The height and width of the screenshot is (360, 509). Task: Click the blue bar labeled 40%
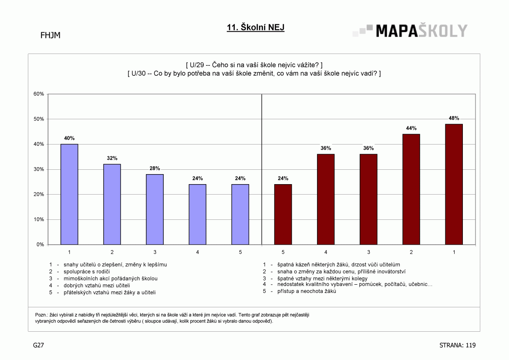(69, 194)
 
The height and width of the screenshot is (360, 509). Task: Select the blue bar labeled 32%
(112, 204)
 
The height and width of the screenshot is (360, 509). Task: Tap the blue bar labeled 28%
(155, 209)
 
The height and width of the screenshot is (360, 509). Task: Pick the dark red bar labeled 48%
(454, 184)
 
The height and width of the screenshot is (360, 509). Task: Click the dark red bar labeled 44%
(411, 189)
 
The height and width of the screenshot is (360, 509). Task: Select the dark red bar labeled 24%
(283, 214)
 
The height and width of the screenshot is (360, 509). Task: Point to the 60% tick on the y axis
(39, 94)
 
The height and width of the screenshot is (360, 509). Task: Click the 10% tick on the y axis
(39, 219)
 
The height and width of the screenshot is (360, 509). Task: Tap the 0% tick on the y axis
(40, 245)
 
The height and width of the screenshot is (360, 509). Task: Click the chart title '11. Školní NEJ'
(256, 27)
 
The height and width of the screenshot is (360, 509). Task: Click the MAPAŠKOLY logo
(410, 30)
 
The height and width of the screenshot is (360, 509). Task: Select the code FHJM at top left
(51, 35)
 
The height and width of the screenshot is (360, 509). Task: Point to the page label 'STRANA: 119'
(457, 345)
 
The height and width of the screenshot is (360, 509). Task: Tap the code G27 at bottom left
(38, 345)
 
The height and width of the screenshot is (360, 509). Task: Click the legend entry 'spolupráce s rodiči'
(87, 271)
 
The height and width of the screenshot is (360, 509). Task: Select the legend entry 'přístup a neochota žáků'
(307, 291)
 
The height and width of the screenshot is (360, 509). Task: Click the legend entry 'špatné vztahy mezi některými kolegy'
(322, 279)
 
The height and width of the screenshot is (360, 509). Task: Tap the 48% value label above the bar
(454, 118)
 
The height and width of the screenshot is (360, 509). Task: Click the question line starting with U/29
(254, 65)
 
